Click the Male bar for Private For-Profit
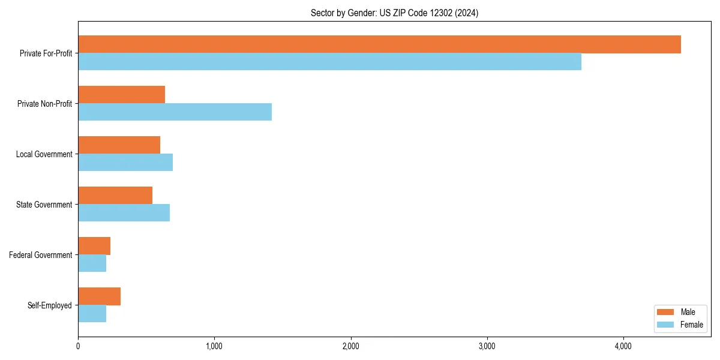point(379,44)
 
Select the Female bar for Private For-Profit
point(329,62)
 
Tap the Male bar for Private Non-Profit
point(121,95)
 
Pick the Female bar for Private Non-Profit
point(175,112)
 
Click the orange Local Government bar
point(119,145)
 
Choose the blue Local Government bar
point(125,163)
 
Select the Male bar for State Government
point(115,196)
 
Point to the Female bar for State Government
point(124,213)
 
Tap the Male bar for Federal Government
point(94,246)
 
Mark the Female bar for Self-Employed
point(92,314)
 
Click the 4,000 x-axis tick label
point(623,346)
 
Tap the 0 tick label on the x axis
point(78,346)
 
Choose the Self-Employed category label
point(50,305)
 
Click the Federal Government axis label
point(41,255)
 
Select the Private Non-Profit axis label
point(44,104)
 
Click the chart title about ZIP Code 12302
point(394,13)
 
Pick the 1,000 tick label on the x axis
point(214,346)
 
